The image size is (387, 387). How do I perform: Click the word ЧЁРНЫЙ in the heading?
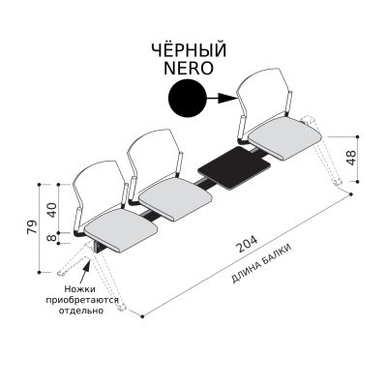(189, 49)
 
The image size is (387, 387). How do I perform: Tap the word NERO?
(189, 68)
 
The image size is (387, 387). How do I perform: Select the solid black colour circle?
(188, 98)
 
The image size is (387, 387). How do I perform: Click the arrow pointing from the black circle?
(222, 98)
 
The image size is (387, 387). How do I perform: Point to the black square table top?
(234, 166)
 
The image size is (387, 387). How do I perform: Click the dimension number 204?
(248, 244)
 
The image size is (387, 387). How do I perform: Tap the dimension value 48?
(351, 158)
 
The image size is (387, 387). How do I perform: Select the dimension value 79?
(33, 228)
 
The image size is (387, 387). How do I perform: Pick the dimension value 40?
(51, 210)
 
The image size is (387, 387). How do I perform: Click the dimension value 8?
(51, 238)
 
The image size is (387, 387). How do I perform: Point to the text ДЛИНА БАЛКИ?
(262, 264)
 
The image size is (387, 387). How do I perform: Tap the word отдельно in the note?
(81, 311)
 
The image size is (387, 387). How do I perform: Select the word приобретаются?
(82, 300)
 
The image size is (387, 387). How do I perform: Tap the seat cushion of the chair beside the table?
(285, 140)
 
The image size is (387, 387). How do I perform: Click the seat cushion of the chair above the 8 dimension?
(121, 229)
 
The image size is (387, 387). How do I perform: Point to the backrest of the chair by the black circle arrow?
(263, 97)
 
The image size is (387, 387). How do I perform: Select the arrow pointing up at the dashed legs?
(85, 272)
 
